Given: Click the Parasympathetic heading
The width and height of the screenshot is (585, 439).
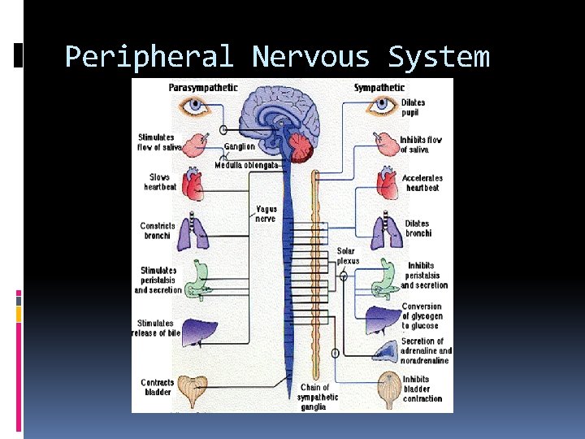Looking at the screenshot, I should (x=203, y=87).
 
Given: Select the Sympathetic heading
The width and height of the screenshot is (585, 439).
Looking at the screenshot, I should (x=380, y=87).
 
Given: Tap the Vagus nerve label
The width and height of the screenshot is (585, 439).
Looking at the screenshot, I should (x=266, y=214).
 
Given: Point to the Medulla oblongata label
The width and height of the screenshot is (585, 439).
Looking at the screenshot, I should (x=247, y=165).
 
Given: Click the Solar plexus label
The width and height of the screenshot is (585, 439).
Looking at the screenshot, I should (x=347, y=256).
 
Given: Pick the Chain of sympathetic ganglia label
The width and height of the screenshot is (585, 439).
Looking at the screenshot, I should (x=318, y=397).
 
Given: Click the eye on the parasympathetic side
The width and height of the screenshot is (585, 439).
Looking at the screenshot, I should (x=196, y=106).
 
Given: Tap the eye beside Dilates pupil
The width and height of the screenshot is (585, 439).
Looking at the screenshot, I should (x=381, y=106).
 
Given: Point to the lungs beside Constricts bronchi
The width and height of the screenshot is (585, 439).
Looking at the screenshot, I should (x=194, y=231).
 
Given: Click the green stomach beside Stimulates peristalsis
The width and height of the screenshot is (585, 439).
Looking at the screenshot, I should (x=196, y=279).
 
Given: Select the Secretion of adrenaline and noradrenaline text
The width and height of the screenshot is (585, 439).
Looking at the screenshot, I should (x=426, y=351).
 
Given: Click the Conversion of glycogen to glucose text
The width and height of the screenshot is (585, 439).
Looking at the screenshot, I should (x=422, y=317).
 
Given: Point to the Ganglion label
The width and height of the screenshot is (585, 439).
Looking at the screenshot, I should (x=240, y=147).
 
